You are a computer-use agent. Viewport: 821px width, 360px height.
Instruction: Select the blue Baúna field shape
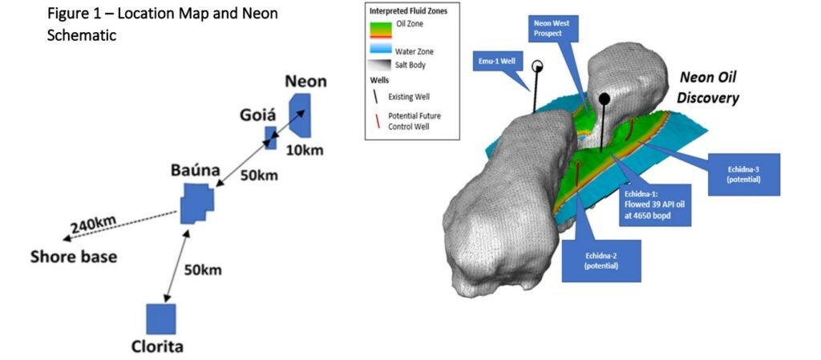tap(196, 203)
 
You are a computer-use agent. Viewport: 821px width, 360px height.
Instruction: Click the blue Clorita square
tap(160, 318)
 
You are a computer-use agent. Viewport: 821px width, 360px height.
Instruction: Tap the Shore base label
tap(74, 257)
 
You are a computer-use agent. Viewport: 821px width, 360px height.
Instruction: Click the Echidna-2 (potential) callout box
tap(601, 261)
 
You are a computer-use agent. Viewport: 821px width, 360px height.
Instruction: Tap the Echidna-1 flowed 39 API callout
tap(656, 207)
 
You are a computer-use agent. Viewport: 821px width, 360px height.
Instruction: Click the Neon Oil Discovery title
tap(709, 87)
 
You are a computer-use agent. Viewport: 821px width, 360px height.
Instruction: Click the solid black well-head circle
tap(605, 98)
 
